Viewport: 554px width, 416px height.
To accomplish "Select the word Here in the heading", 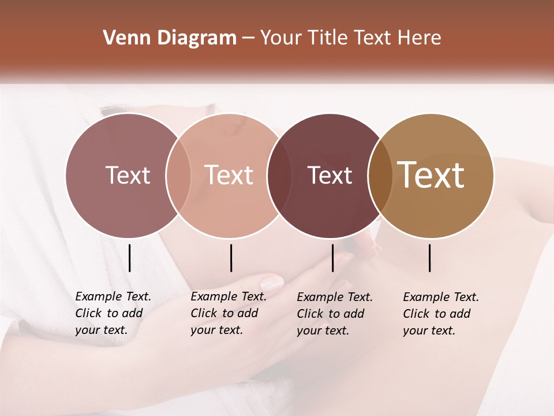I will pyautogui.click(x=420, y=38).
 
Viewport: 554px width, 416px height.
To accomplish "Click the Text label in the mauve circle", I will pyautogui.click(x=128, y=175).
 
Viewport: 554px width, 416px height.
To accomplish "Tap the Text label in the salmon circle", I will pyautogui.click(x=229, y=175).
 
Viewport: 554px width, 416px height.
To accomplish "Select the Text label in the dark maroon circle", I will pyautogui.click(x=330, y=175).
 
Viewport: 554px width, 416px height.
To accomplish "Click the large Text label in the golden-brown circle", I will pyautogui.click(x=431, y=175).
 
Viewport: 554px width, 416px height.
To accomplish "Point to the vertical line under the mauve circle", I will pyautogui.click(x=130, y=258).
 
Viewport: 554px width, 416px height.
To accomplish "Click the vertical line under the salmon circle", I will pyautogui.click(x=231, y=258).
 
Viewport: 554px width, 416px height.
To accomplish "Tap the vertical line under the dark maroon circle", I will pyautogui.click(x=333, y=258).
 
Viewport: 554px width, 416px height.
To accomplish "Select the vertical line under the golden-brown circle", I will pyautogui.click(x=430, y=258).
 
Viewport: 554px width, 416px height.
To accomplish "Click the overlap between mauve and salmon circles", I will pyautogui.click(x=178, y=175).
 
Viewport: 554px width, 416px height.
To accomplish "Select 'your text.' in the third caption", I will pyautogui.click(x=323, y=330).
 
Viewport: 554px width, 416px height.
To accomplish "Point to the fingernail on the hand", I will pyautogui.click(x=272, y=283).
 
